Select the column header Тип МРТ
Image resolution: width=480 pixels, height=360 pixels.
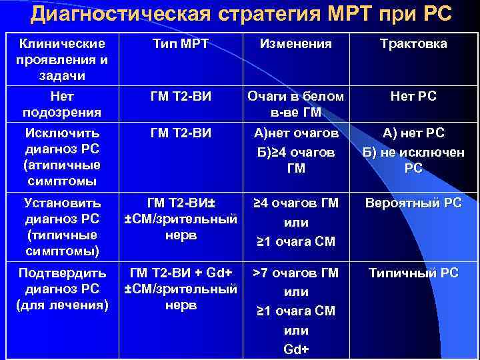(x=181, y=44)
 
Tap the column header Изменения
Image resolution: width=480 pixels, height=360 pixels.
(x=295, y=44)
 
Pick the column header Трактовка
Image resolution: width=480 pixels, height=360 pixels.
(x=413, y=44)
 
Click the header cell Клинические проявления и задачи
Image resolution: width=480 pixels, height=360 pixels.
(x=62, y=60)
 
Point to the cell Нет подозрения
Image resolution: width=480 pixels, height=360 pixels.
(x=62, y=104)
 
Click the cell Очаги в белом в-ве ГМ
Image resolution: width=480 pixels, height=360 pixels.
(x=296, y=104)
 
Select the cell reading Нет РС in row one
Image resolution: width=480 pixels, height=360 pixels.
(x=413, y=97)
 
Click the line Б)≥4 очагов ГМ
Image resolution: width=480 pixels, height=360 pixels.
(x=296, y=160)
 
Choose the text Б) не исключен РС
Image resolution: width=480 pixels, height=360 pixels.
(x=413, y=160)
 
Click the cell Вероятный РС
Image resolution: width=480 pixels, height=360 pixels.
(x=413, y=203)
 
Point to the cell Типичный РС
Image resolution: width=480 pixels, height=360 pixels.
(x=413, y=273)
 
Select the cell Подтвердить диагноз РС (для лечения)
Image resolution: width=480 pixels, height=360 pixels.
(x=62, y=289)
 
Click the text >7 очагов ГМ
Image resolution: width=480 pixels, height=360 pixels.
(x=296, y=273)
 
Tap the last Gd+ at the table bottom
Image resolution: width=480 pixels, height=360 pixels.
(x=296, y=349)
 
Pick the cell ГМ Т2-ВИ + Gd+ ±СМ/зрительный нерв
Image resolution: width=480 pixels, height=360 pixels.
(x=181, y=289)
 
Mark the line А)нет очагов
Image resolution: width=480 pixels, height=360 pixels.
(x=296, y=133)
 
